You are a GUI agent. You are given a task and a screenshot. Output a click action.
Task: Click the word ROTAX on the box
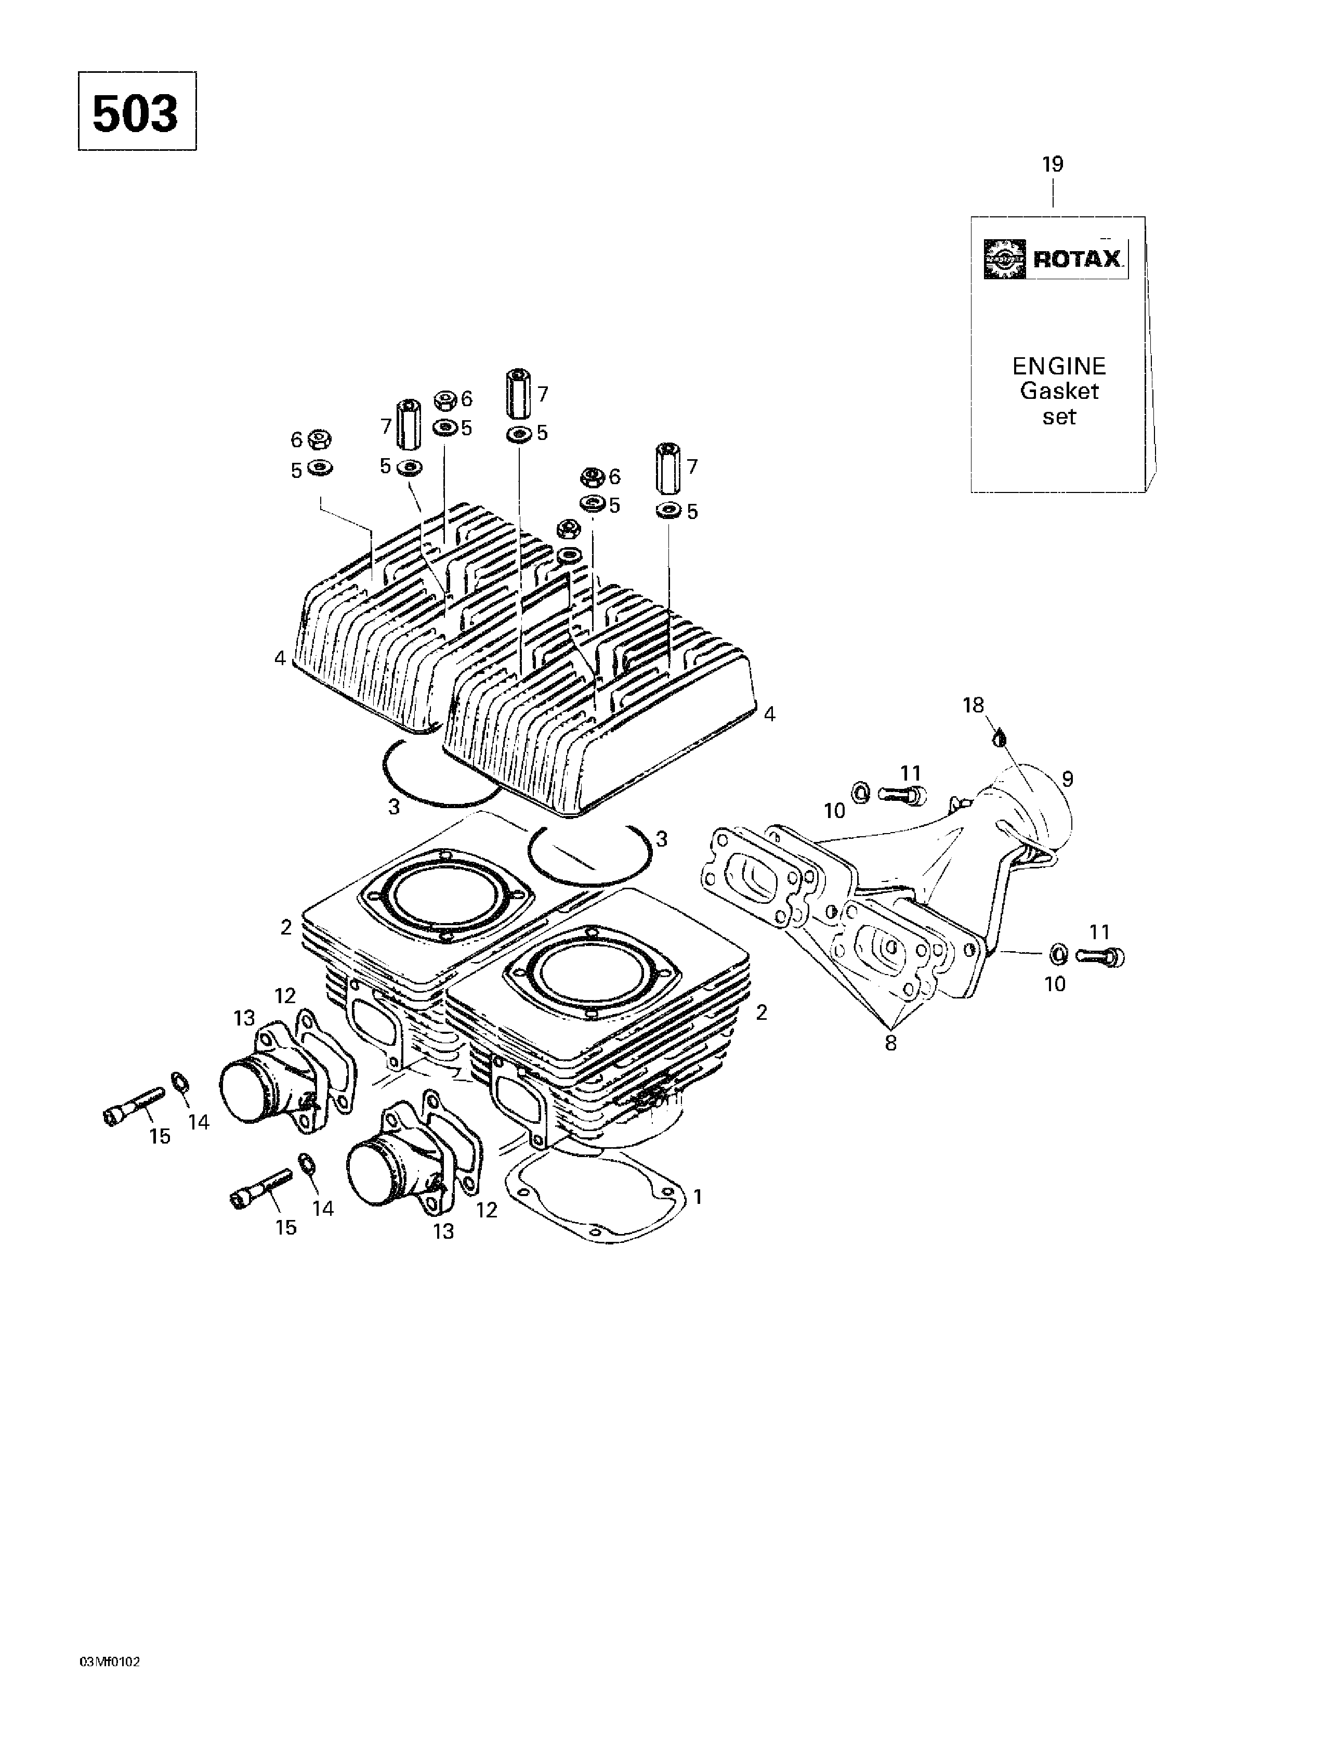click(1077, 259)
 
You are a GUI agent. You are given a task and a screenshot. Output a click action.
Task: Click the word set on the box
click(1059, 417)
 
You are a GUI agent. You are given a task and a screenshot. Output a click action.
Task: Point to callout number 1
click(698, 1197)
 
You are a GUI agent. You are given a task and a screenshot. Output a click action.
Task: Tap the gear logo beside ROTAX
click(1005, 259)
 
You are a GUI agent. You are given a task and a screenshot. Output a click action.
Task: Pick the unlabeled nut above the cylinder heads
click(568, 528)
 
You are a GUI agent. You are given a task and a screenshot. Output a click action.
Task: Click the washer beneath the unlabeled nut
click(568, 554)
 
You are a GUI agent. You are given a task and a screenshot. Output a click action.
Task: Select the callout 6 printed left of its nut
click(297, 439)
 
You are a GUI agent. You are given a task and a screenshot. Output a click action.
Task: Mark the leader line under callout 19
click(1053, 193)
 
